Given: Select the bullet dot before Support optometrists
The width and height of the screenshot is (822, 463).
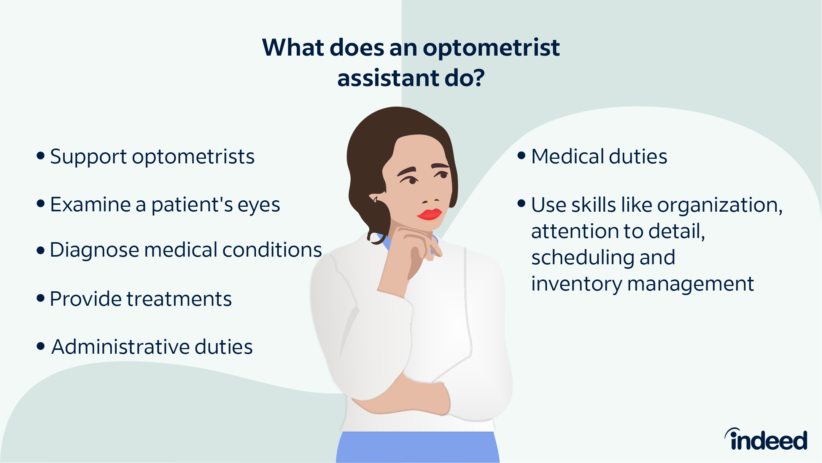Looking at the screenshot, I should pos(41,156).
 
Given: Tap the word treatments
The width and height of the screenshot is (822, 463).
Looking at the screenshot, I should pos(179,299).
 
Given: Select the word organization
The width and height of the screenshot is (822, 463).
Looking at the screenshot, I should pos(720,206).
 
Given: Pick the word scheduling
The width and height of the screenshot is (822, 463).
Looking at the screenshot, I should pos(584,258).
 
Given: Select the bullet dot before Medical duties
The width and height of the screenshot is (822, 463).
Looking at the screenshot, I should pos(522,156).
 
